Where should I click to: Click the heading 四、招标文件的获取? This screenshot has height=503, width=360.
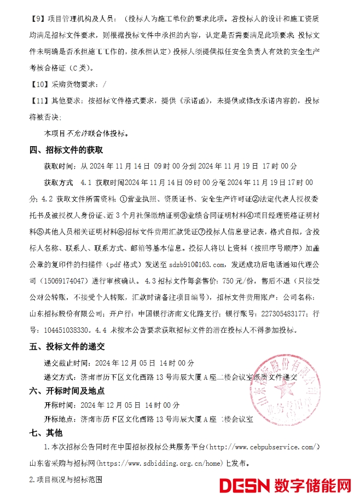point(66,149)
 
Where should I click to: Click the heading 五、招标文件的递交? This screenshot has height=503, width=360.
point(67,346)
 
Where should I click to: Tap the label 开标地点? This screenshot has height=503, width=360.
point(60,420)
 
